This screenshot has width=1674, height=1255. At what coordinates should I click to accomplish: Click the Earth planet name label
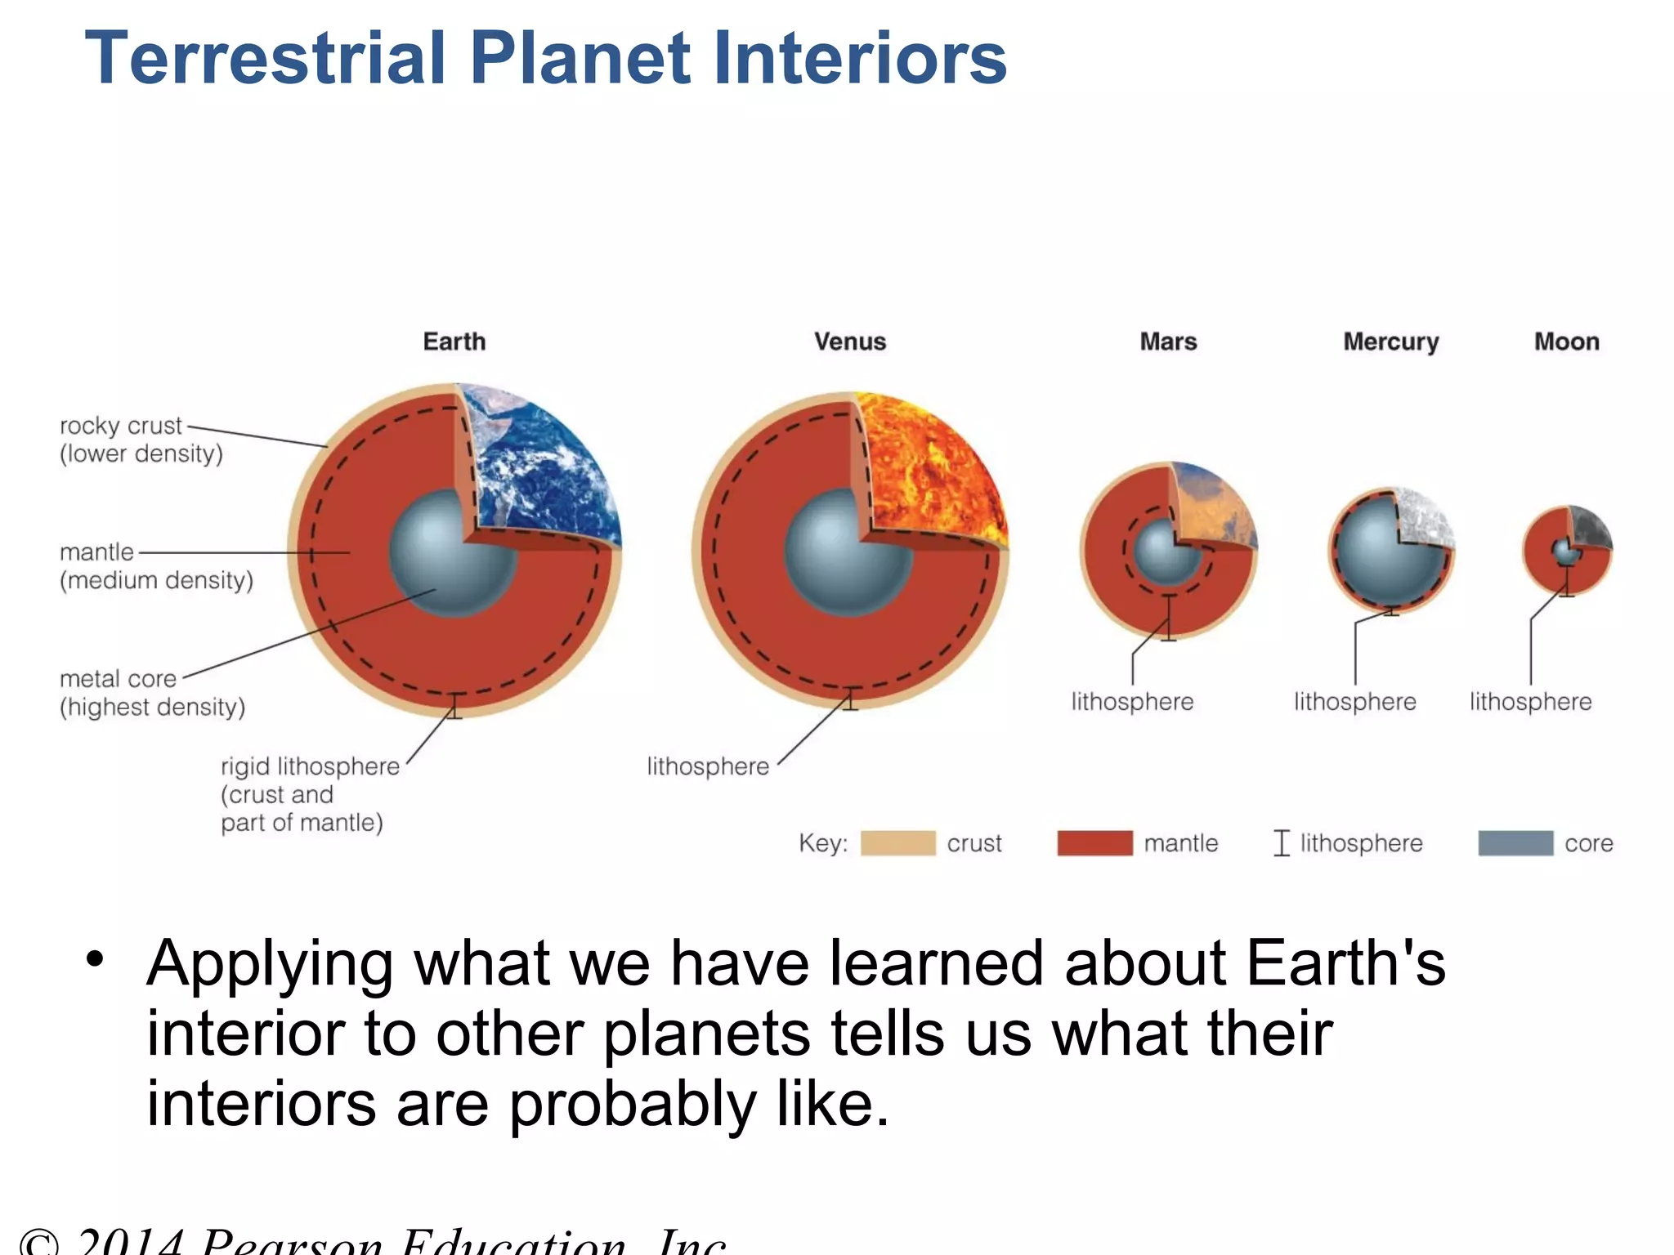pyautogui.click(x=454, y=342)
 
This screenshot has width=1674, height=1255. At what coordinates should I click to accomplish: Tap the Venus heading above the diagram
pyautogui.click(x=849, y=342)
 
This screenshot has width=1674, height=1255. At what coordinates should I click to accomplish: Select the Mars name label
pyautogui.click(x=1168, y=342)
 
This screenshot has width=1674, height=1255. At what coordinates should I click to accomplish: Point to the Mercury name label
pyautogui.click(x=1390, y=342)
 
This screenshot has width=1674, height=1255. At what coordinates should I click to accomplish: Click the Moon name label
pyautogui.click(x=1566, y=342)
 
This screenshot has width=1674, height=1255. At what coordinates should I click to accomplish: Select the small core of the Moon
pyautogui.click(x=1564, y=553)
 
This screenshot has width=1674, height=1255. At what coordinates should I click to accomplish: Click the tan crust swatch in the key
pyautogui.click(x=897, y=843)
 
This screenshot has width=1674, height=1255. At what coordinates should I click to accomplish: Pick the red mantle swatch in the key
pyautogui.click(x=1094, y=843)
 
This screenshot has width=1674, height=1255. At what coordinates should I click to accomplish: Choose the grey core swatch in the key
pyautogui.click(x=1515, y=843)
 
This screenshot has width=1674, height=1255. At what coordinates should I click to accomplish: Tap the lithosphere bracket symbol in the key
pyautogui.click(x=1282, y=843)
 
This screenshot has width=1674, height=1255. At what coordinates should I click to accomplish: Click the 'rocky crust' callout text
pyautogui.click(x=121, y=427)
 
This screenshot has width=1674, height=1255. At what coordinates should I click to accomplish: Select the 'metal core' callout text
pyautogui.click(x=118, y=679)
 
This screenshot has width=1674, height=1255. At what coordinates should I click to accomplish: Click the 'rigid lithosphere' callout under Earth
pyautogui.click(x=310, y=766)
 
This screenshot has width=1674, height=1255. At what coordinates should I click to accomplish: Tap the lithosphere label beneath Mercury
pyautogui.click(x=1354, y=702)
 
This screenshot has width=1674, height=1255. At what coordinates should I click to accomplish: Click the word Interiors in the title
pyautogui.click(x=860, y=58)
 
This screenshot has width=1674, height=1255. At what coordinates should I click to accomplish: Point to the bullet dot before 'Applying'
pyautogui.click(x=96, y=959)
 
